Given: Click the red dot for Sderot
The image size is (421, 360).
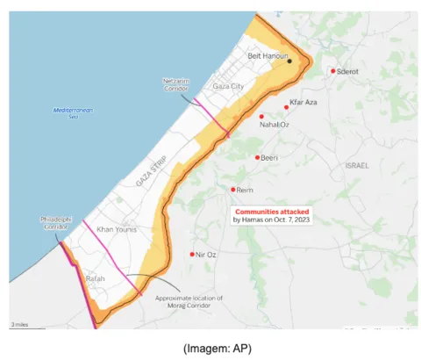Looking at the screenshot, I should [332, 71].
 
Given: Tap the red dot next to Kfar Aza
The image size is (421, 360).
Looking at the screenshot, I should [287, 107].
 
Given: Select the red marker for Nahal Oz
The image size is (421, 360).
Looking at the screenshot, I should [261, 116].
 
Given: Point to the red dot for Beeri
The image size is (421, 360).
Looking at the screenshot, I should [257, 157].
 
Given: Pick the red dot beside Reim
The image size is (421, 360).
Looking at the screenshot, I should [232, 190].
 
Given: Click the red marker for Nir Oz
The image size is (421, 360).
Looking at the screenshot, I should [192, 255].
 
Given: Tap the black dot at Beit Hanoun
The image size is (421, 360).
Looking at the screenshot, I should [289, 61].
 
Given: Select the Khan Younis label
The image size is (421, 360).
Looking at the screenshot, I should [117, 229].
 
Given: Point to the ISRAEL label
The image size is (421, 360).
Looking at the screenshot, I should [358, 165].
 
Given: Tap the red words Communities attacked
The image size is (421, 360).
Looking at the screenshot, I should [271, 212].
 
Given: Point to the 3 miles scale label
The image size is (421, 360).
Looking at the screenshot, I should [18, 325].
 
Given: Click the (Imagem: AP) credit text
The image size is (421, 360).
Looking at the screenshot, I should [218, 349].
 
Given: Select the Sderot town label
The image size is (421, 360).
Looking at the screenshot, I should [349, 71].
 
